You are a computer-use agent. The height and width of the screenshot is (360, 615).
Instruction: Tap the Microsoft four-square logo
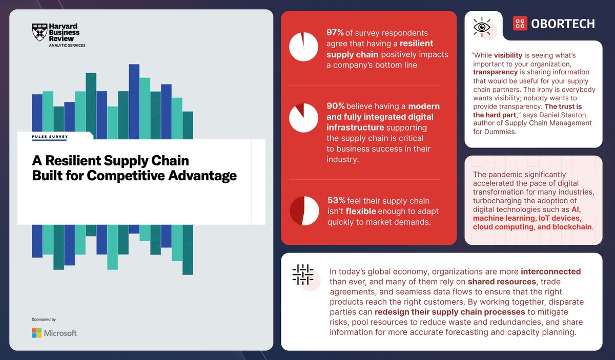click(36, 333)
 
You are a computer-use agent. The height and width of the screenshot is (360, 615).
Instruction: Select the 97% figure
click(335, 33)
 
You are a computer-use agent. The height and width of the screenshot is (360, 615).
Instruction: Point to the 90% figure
click(335, 106)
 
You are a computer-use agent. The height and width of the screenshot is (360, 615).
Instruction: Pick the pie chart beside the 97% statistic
click(304, 47)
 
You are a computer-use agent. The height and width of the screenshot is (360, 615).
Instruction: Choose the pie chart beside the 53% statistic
click(304, 210)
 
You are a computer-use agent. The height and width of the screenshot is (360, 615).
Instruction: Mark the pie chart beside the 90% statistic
click(304, 117)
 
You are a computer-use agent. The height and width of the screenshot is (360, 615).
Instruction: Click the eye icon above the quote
click(482, 27)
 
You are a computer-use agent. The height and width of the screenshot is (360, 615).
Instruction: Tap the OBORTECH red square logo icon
click(521, 23)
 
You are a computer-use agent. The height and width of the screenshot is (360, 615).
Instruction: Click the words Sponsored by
click(44, 319)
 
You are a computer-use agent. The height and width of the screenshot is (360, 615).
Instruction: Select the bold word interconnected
click(550, 271)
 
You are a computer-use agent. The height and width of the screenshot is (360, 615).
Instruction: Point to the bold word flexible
click(361, 211)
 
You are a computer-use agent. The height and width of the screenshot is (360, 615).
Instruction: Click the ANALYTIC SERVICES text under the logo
click(67, 46)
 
